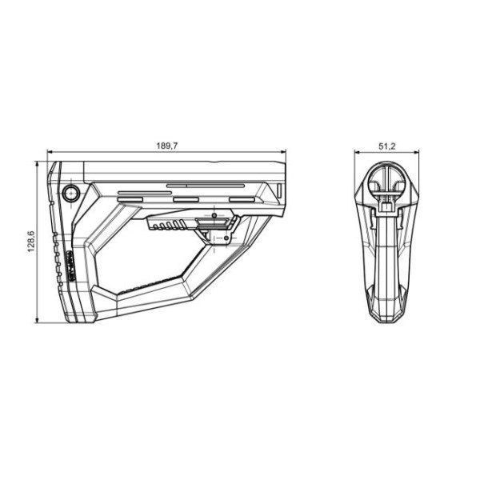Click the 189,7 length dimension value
[x=167, y=146]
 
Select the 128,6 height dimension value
[x=31, y=242]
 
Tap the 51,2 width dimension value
[x=387, y=146]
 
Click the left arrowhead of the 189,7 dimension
[x=50, y=151]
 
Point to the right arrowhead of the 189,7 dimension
[x=282, y=151]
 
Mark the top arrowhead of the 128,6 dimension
[x=37, y=164]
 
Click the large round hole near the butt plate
[x=71, y=193]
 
